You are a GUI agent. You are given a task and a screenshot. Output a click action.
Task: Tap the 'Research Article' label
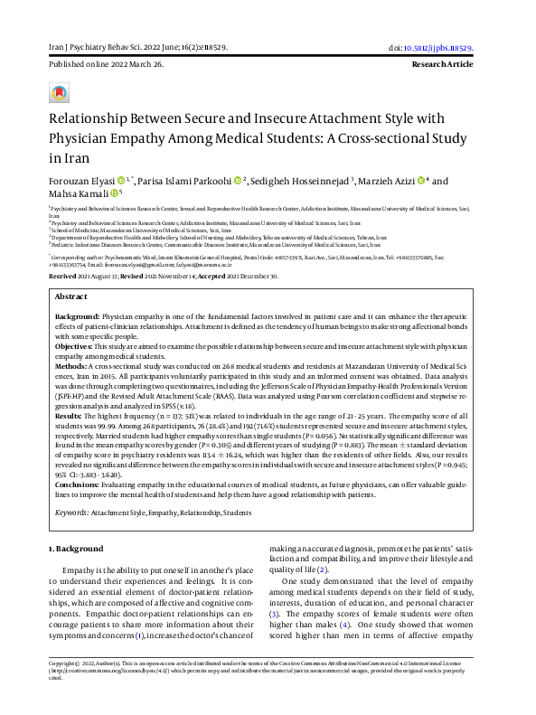point(460,66)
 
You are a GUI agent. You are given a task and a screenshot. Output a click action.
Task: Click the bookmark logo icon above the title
point(59,93)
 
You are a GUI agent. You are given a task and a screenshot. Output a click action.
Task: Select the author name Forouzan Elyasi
point(81,182)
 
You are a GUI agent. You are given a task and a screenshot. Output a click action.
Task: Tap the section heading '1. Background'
point(77,548)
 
